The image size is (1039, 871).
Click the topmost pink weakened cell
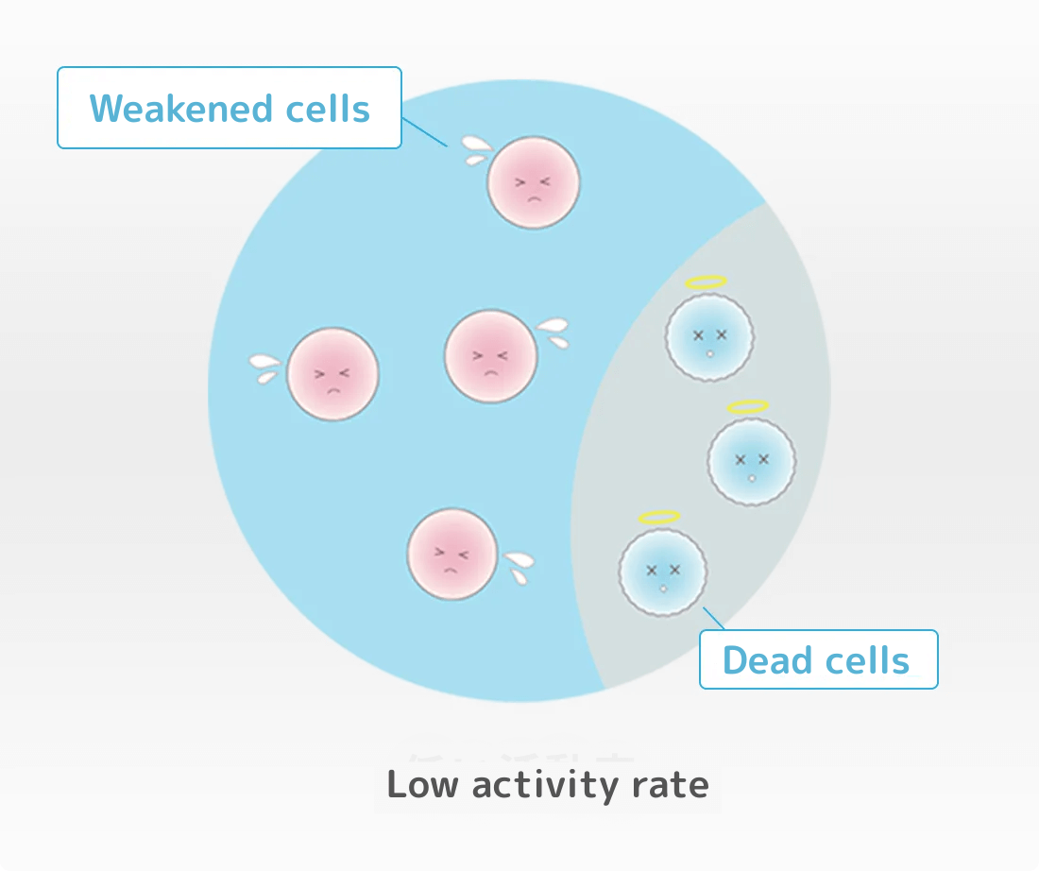coord(533,182)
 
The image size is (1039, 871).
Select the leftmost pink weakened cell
coord(332,374)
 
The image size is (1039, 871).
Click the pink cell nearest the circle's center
coord(490,355)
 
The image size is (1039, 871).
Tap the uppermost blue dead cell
coord(709,336)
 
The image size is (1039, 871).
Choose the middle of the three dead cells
coord(752,461)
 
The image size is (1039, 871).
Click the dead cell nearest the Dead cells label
coord(663,572)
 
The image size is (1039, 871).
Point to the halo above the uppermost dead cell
coord(707,282)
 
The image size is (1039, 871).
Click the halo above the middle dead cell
coord(747,407)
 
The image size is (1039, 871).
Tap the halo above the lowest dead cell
coord(659,517)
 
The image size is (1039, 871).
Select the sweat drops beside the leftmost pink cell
coord(264,367)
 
